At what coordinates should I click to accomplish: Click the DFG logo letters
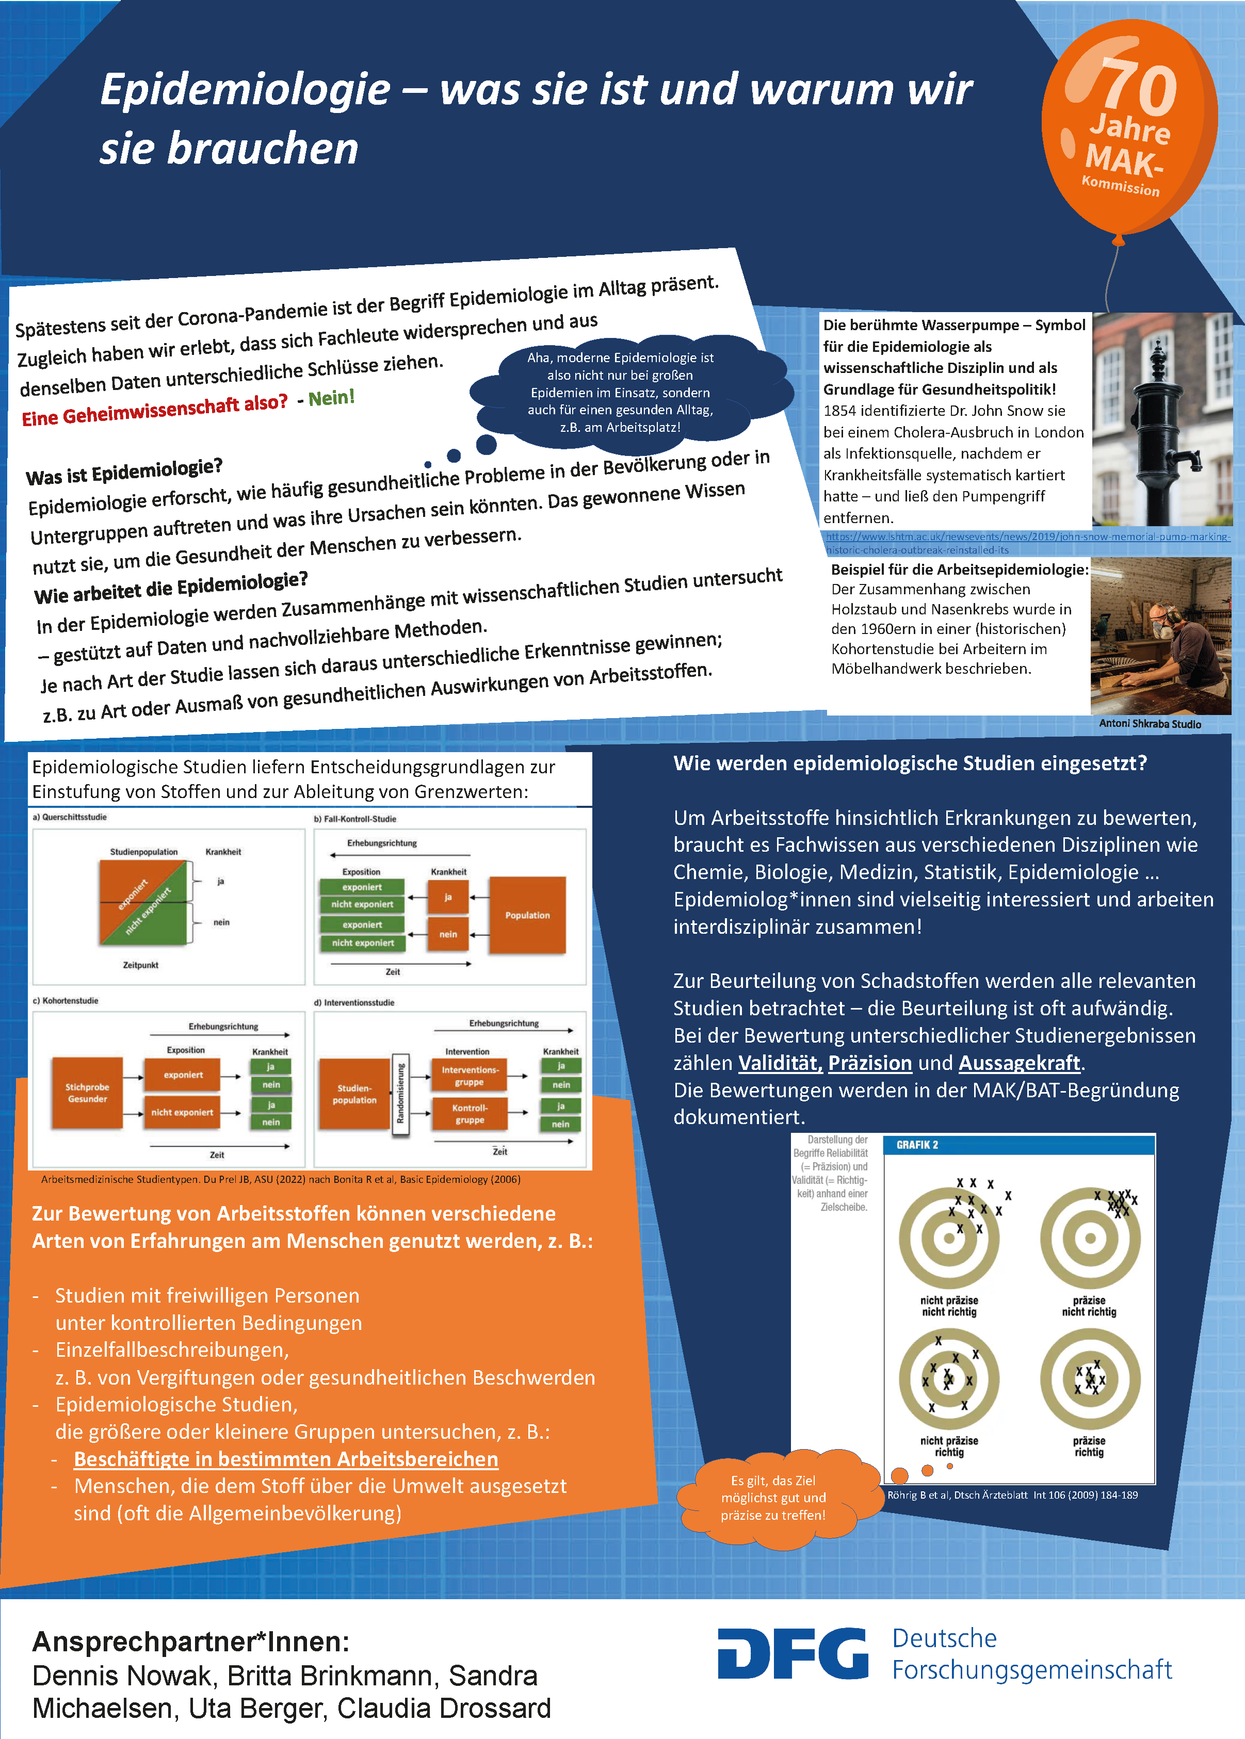(x=792, y=1653)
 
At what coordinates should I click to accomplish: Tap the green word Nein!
(x=331, y=398)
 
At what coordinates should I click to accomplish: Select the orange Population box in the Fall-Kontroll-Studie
(x=527, y=915)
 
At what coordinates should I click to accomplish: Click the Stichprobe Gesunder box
(x=87, y=1093)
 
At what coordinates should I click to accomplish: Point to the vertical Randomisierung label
(x=399, y=1094)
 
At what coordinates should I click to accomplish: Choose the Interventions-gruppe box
(x=469, y=1075)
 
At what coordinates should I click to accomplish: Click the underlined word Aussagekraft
(x=1019, y=1063)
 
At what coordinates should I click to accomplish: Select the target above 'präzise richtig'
(x=1089, y=1379)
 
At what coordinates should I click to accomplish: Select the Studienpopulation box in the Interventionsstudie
(x=354, y=1094)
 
